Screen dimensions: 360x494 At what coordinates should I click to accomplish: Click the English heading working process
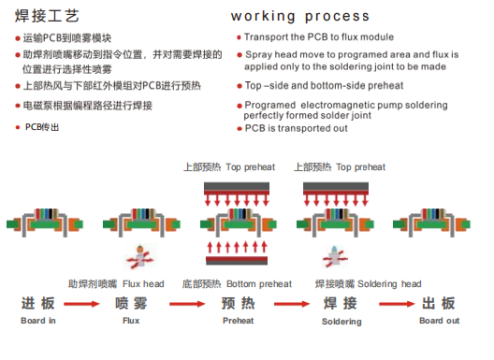[299, 16]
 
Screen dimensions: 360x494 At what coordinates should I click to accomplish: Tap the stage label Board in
[38, 321]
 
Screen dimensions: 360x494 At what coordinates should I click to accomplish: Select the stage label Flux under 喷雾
[131, 321]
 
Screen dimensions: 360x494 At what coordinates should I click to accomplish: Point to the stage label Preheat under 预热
[238, 321]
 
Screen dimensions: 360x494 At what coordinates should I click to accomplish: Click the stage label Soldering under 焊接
[341, 322]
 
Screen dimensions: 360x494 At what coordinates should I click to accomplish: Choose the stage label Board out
[439, 321]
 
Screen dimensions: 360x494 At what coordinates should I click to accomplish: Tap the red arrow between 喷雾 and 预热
[185, 305]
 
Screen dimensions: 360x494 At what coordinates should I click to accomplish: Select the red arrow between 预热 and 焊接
[289, 305]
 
